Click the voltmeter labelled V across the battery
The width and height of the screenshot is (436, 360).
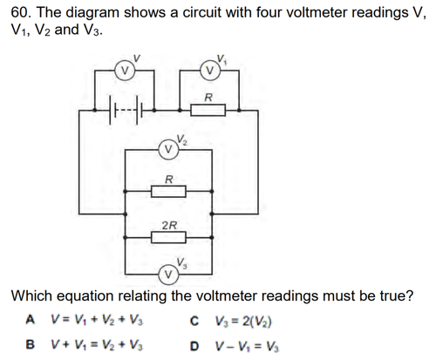click(125, 71)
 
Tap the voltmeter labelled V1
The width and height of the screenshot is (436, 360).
click(210, 71)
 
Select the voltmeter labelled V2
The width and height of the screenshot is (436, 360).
click(168, 149)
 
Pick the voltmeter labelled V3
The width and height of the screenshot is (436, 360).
click(168, 275)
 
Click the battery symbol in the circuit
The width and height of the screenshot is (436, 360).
click(125, 110)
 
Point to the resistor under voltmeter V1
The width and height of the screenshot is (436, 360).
click(208, 110)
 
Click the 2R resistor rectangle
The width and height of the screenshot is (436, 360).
click(168, 237)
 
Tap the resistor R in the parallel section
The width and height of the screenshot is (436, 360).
click(168, 192)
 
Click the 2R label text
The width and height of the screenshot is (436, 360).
click(169, 225)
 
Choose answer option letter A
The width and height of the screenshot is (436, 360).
click(31, 320)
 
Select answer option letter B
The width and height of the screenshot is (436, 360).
click(31, 344)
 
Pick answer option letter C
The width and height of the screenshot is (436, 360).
click(194, 321)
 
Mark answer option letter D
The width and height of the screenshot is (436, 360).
click(194, 346)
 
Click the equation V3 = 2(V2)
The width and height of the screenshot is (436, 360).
click(243, 321)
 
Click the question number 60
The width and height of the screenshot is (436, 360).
click(21, 12)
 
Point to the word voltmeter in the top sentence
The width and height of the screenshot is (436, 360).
click(319, 12)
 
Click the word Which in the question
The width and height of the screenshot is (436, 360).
click(32, 295)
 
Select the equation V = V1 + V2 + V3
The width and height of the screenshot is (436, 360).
click(98, 320)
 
